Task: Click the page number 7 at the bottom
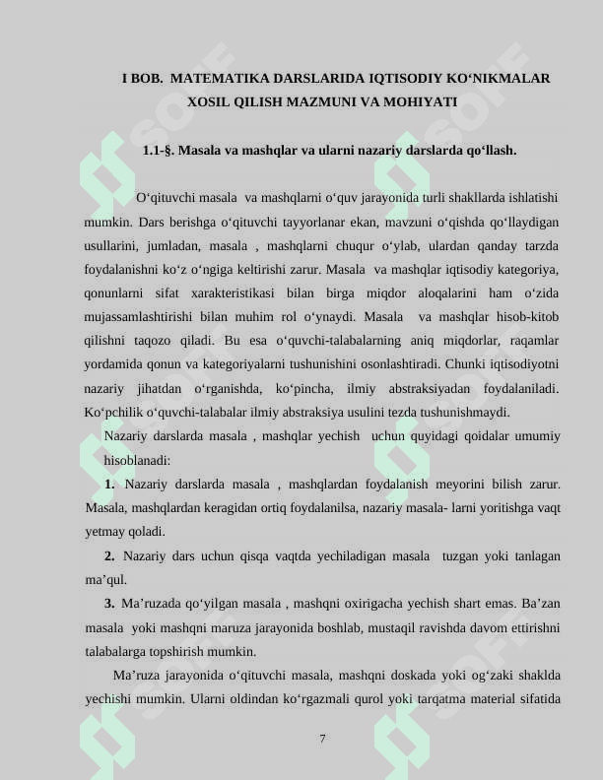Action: pyautogui.click(x=322, y=738)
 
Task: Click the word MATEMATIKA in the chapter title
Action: pyautogui.click(x=216, y=77)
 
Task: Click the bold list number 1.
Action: pyautogui.click(x=109, y=484)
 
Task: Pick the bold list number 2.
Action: pyautogui.click(x=109, y=555)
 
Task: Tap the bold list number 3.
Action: pyautogui.click(x=109, y=603)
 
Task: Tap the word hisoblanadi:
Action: pyautogui.click(x=137, y=460)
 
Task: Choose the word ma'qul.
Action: pyautogui.click(x=105, y=579)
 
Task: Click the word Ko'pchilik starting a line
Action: pyautogui.click(x=116, y=412)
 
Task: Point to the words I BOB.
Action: pyautogui.click(x=140, y=77)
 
